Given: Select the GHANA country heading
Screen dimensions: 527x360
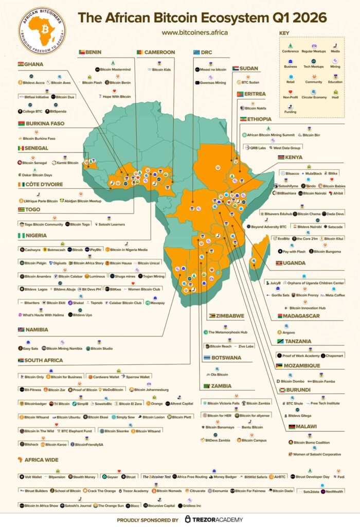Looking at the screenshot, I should coord(33,64).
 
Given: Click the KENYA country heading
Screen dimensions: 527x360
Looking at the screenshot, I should coord(295,157).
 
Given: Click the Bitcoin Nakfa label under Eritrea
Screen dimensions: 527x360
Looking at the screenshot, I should coord(255,108).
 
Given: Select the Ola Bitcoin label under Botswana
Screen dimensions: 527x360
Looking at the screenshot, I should coord(219,375).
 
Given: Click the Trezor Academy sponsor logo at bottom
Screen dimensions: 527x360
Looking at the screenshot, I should coord(214,519).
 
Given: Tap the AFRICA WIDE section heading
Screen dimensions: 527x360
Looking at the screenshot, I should coord(41,460).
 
